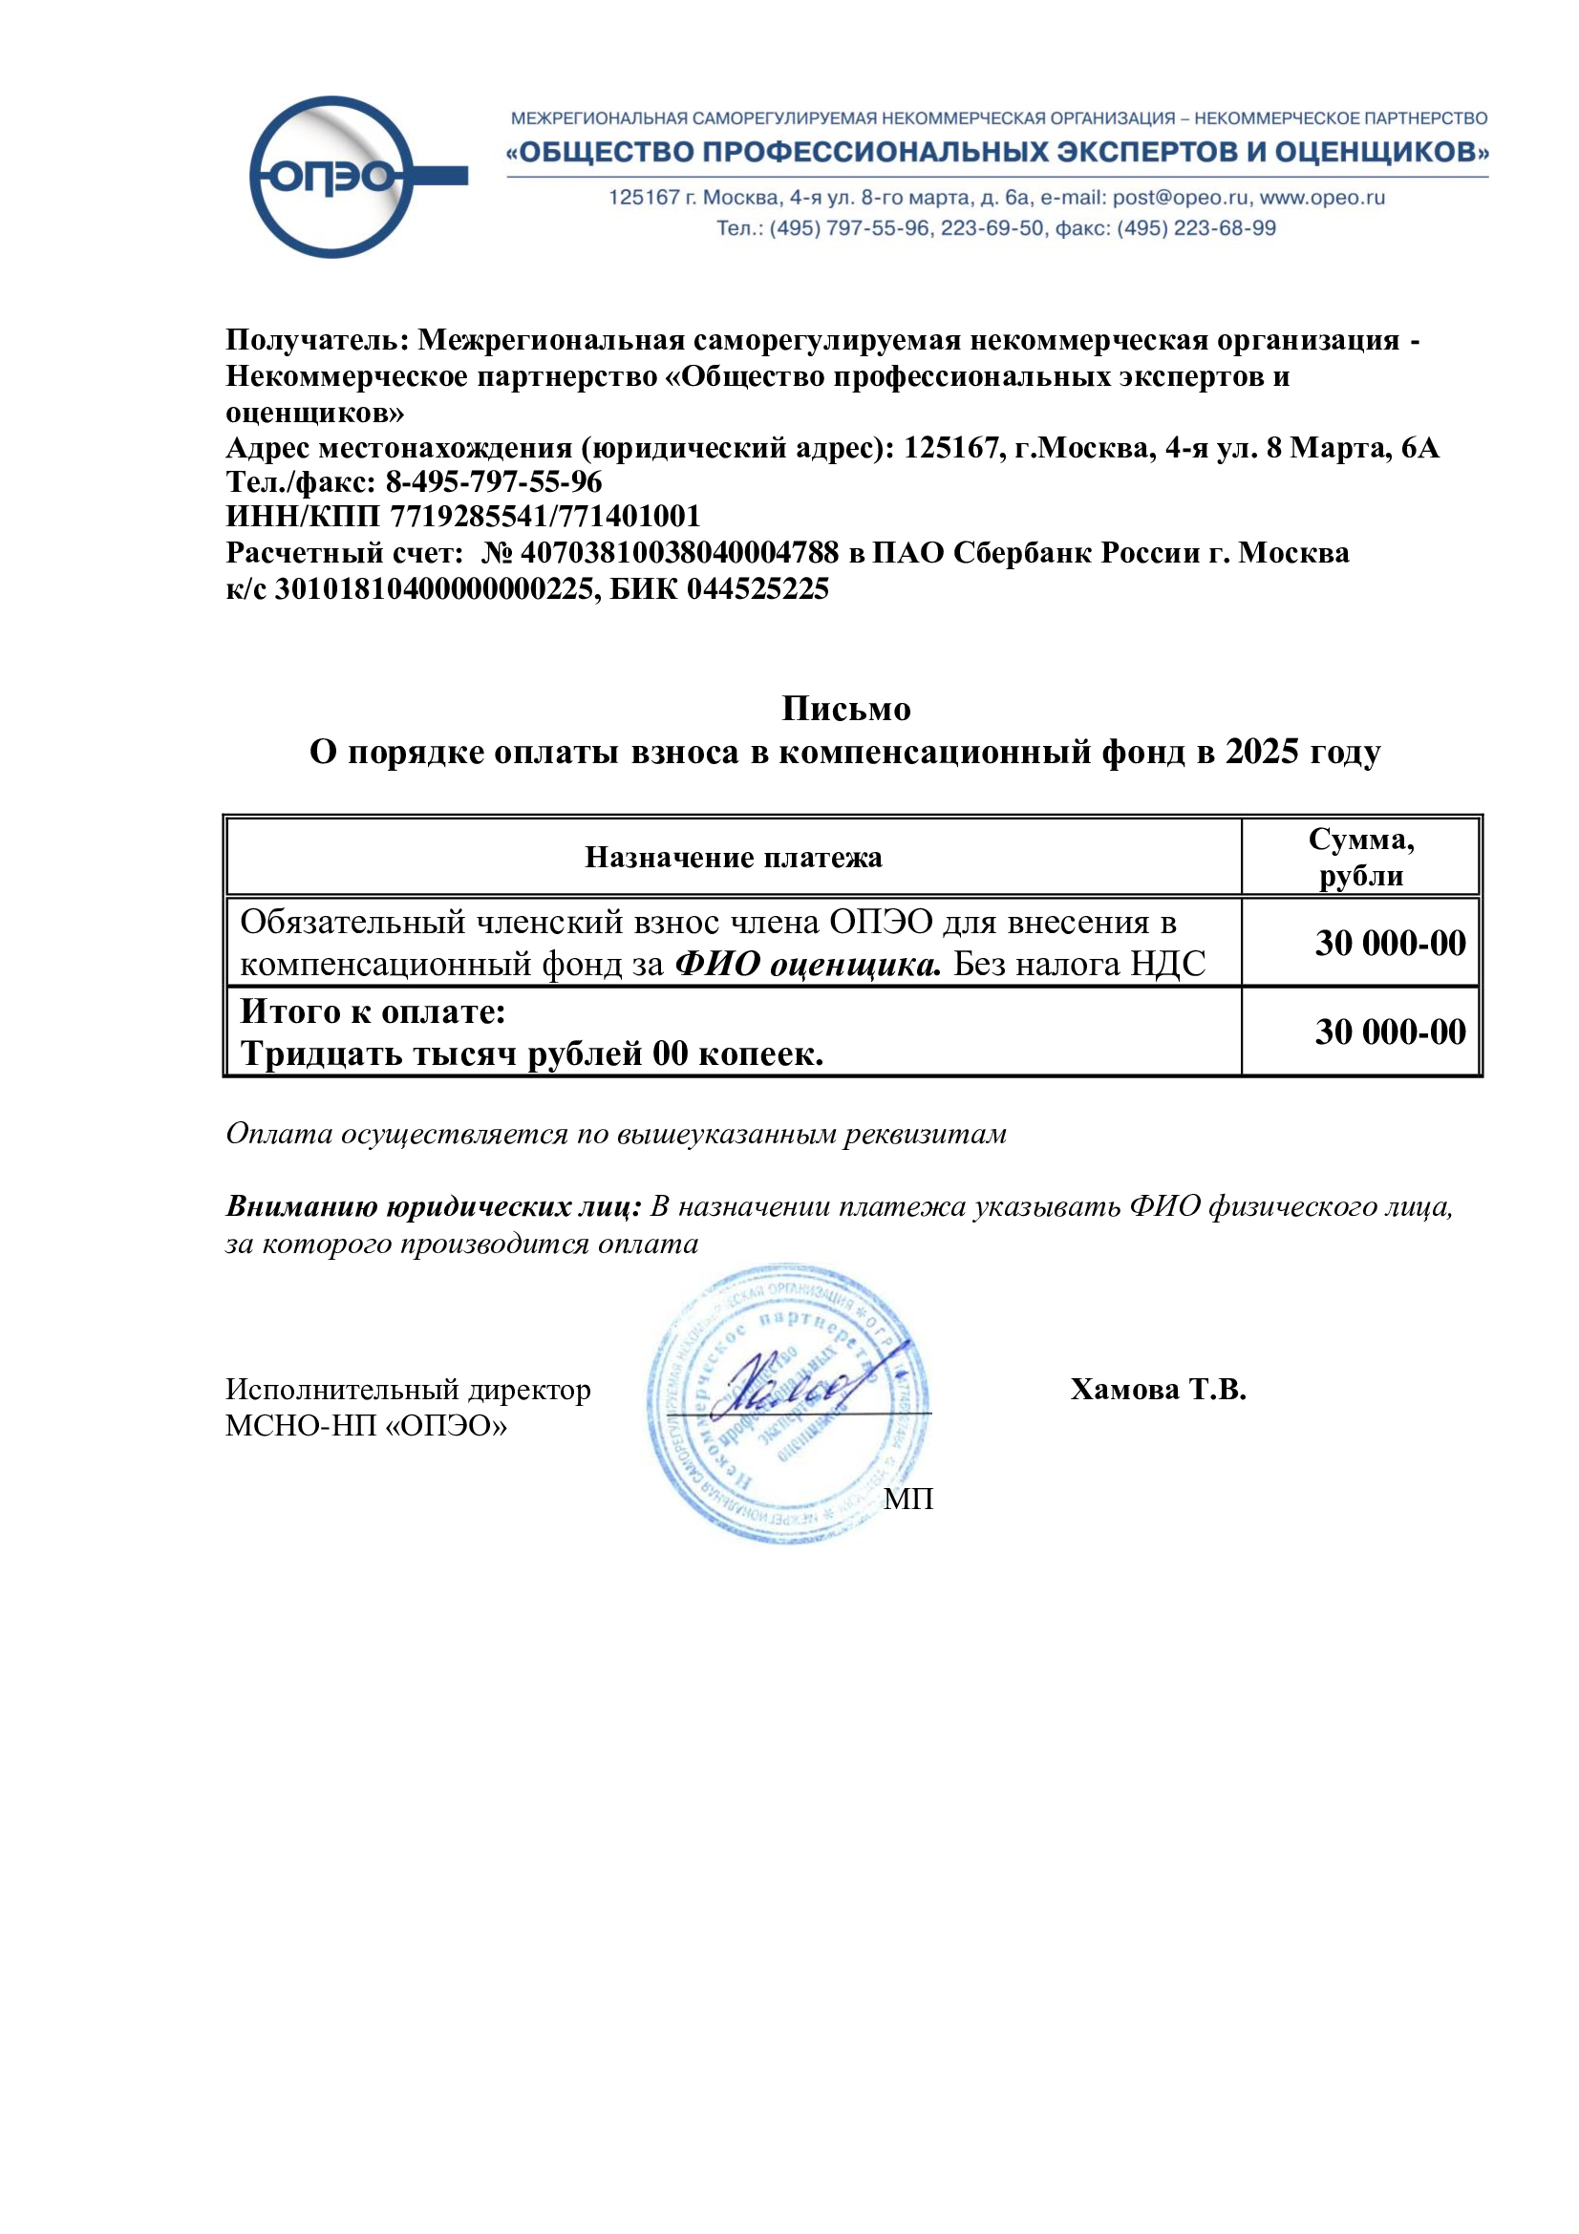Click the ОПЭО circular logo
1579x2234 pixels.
(333, 177)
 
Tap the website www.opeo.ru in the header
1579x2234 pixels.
(1322, 198)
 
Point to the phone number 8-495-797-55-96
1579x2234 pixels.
(493, 481)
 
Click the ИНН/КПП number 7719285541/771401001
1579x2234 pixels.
(544, 517)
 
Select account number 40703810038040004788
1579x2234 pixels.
(679, 553)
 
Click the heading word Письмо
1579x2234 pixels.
(845, 709)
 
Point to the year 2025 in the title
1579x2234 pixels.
(1262, 751)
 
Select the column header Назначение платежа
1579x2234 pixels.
(733, 857)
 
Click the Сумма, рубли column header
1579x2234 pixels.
(1360, 856)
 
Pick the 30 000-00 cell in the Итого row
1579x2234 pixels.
(1389, 1032)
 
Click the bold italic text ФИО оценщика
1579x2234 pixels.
(807, 965)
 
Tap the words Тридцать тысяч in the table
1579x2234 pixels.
(378, 1053)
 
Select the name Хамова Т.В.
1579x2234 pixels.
(1158, 1390)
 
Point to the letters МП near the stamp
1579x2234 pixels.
(907, 1500)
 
